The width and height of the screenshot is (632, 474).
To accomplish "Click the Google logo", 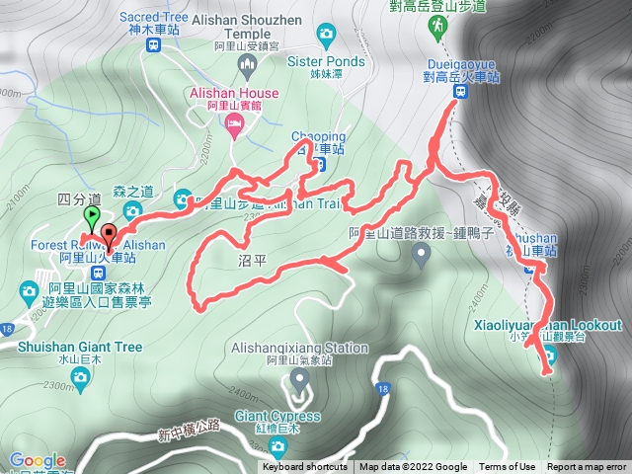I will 38,460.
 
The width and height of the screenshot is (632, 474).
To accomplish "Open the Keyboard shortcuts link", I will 305,467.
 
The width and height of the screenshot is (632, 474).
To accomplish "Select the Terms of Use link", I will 507,467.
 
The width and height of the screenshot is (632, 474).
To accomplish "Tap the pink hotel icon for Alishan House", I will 233,122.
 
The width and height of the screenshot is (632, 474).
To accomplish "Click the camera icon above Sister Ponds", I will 325,37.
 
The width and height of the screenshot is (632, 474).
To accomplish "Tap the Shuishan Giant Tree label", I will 79,348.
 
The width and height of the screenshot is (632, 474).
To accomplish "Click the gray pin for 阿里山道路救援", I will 421,256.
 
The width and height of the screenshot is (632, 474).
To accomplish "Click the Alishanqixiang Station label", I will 299,348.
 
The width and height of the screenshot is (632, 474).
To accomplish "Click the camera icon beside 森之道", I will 131,212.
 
